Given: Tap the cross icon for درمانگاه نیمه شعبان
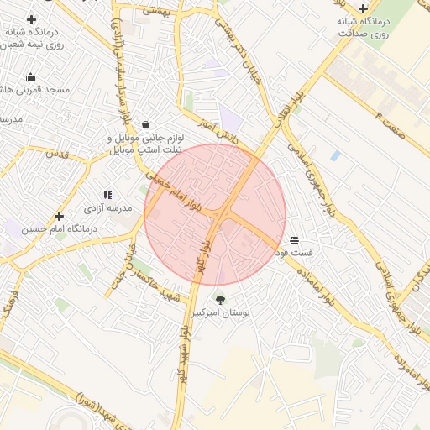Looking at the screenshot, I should pos(32,19).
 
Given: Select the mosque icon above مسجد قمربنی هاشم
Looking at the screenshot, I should pos(31,77).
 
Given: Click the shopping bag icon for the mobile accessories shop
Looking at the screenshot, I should pos(146,124).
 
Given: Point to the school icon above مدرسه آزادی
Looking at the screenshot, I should pos(107,195).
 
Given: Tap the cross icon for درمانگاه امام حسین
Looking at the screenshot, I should pos(59,216).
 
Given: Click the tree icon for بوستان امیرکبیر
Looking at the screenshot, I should pos(220,299).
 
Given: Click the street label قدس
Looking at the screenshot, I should pos(58,155).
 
